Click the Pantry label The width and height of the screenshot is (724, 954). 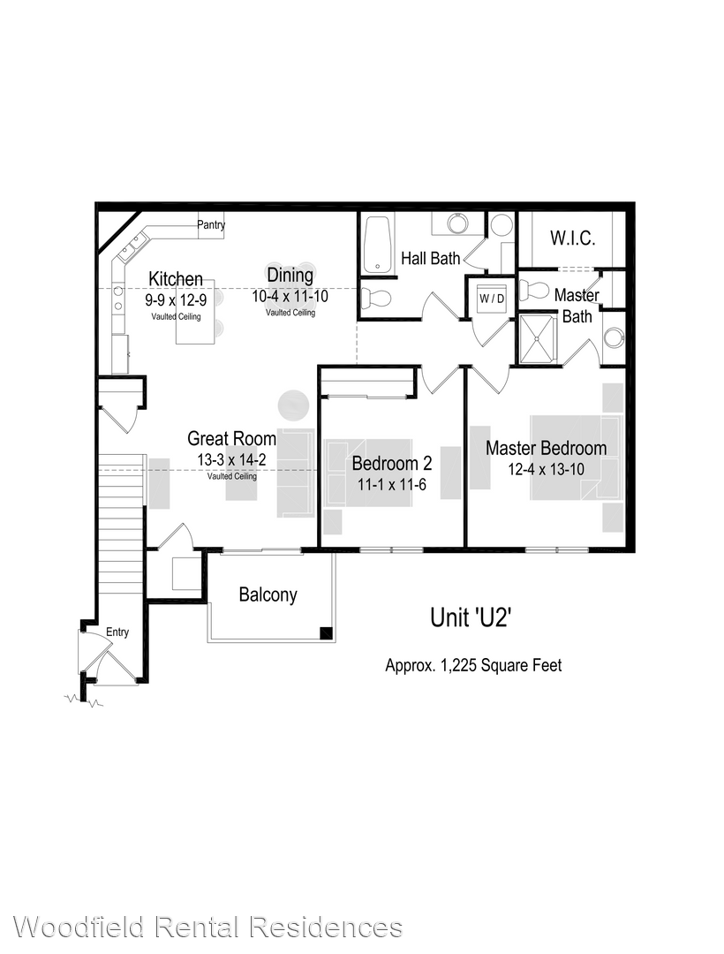(x=211, y=224)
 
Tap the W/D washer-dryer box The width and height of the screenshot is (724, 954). (x=492, y=299)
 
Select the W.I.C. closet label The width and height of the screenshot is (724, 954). (x=573, y=238)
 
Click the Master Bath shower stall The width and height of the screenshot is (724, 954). (x=538, y=338)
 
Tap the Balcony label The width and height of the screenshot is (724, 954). (x=268, y=594)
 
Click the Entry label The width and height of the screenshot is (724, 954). (x=117, y=632)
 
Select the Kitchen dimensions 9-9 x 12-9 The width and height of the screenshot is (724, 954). (x=176, y=300)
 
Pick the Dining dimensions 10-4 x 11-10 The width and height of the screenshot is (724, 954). (x=290, y=296)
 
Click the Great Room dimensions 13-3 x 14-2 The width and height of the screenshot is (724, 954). (x=231, y=460)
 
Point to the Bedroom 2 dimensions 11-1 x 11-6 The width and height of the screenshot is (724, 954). (x=391, y=485)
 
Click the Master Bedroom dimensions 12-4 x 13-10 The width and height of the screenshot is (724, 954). (x=546, y=469)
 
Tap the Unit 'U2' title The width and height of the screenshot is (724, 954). (x=470, y=617)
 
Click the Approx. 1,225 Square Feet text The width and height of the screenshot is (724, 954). (x=473, y=666)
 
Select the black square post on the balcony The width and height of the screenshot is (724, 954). (x=327, y=632)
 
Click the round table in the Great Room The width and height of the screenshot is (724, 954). (x=294, y=405)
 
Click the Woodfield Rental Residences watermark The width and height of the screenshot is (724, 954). (x=207, y=927)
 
